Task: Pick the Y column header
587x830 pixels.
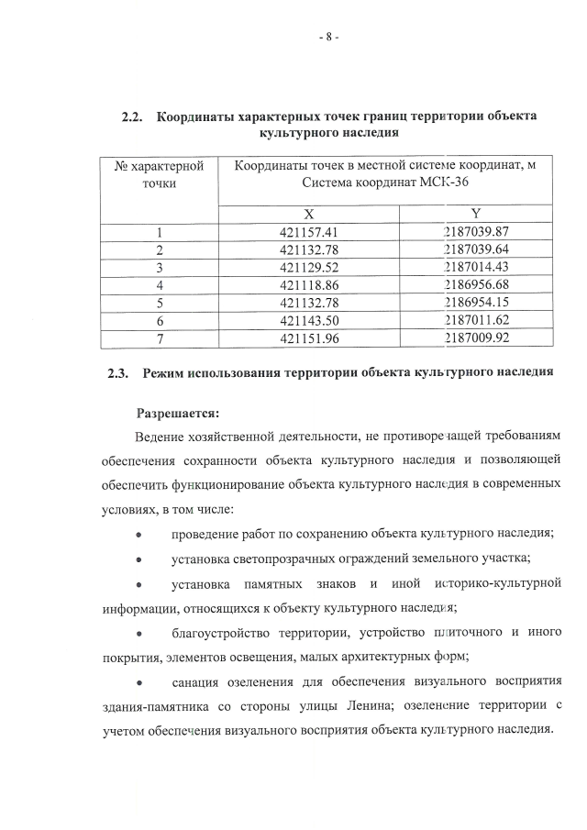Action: [476, 213]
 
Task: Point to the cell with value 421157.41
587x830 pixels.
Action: [309, 232]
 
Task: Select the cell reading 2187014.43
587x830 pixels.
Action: [476, 267]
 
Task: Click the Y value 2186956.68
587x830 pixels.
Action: [476, 284]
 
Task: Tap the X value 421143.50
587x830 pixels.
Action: [309, 320]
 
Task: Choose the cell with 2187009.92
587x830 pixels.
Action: [476, 338]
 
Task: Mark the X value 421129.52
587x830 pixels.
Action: [309, 267]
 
